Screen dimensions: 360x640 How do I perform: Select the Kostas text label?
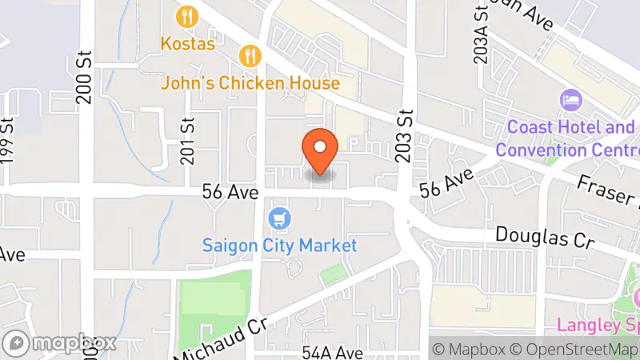pos(188,43)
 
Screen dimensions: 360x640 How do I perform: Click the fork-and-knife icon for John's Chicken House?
pos(250,55)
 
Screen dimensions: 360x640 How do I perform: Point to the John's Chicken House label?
pos(250,82)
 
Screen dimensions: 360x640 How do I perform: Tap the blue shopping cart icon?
pos(279,218)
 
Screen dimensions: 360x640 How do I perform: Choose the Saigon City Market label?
pos(279,246)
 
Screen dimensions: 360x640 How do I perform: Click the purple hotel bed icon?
pos(571,101)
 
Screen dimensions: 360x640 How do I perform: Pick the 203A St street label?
pos(481,37)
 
